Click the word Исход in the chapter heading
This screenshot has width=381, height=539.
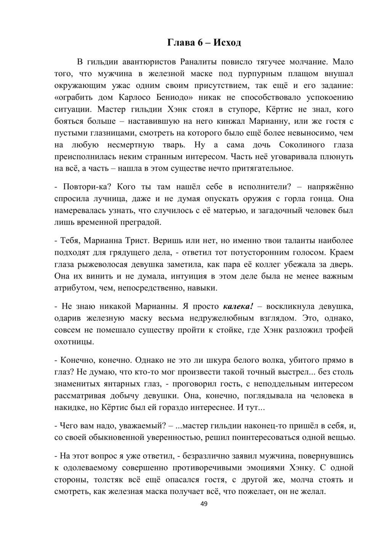pos(227,42)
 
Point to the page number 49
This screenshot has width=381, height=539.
pos(204,504)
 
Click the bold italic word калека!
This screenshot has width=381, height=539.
pos(238,306)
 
